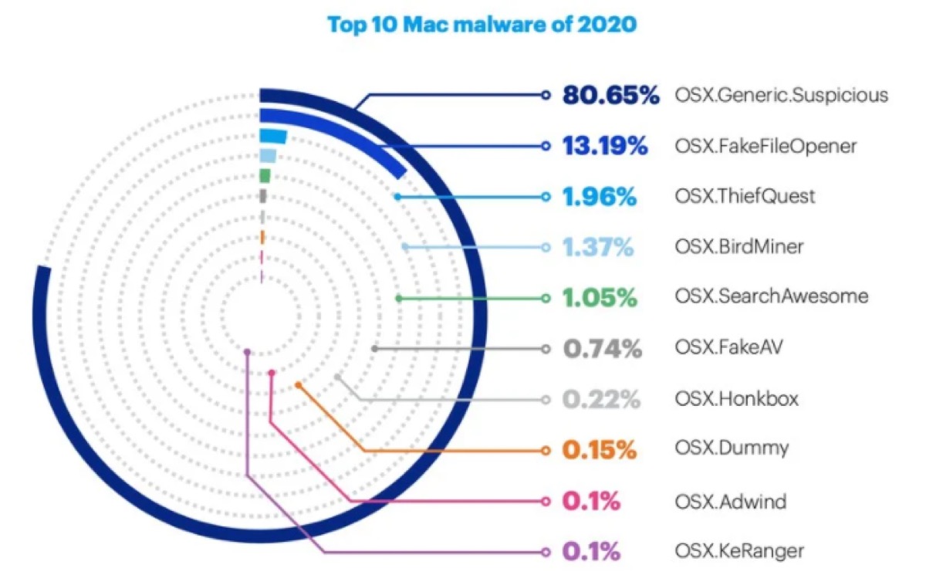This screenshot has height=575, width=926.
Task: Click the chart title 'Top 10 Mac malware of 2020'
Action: [482, 24]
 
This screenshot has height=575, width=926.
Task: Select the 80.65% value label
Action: [610, 96]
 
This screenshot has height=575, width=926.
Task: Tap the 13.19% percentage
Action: [604, 146]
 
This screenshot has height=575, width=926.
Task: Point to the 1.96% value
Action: [599, 197]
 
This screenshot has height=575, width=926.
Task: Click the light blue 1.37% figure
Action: [598, 247]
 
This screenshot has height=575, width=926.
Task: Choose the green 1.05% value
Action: [600, 297]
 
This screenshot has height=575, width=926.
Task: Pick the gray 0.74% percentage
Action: [602, 349]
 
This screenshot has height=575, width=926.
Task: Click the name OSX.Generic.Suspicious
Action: [781, 96]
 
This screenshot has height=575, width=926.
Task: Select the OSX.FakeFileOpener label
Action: [765, 146]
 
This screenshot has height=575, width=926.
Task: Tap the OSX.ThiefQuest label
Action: [744, 197]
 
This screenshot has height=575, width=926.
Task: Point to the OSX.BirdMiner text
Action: [738, 247]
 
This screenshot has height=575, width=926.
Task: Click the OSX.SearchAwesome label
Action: [771, 297]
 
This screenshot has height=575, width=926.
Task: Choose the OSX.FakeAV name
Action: [724, 349]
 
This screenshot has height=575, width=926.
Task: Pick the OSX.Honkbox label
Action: [736, 400]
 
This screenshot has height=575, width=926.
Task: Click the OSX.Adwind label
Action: [729, 502]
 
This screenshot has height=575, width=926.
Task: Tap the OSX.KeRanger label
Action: [738, 552]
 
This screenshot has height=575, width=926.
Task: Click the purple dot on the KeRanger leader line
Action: [247, 352]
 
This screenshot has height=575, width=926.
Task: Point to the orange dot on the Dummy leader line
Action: [298, 384]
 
